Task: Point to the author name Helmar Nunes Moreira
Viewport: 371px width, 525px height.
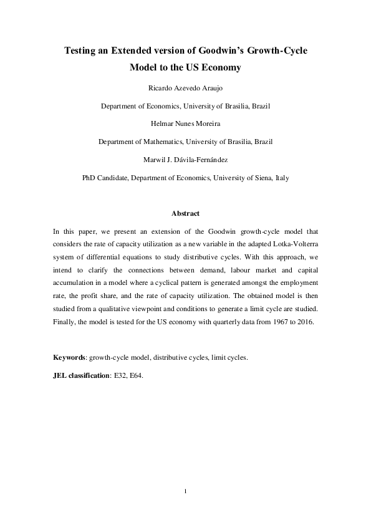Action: (185, 124)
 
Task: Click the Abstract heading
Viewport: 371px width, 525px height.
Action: (185, 213)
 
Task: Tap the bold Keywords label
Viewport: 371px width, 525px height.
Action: (69, 358)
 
